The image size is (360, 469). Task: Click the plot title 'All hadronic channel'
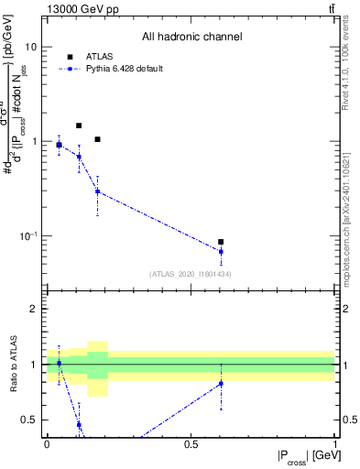[191, 38]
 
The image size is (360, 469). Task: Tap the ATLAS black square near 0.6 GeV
[221, 242]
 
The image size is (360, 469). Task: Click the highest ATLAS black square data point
[79, 125]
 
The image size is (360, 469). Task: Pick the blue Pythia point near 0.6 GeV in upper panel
[221, 251]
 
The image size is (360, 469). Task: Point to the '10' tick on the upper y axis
[31, 47]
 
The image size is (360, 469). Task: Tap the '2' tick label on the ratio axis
[36, 309]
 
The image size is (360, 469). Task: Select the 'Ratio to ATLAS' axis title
[14, 364]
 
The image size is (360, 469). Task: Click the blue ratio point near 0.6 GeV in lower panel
[221, 383]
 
